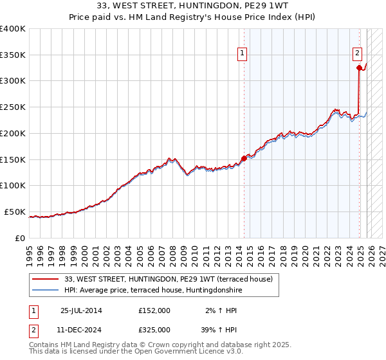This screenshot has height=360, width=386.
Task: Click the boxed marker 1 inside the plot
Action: click(243, 54)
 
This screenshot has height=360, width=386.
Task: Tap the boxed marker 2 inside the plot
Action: click(357, 54)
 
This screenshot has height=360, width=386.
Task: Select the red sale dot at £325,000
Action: click(359, 67)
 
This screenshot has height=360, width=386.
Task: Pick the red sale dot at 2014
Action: click(244, 157)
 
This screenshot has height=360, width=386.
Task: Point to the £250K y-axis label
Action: click(13, 107)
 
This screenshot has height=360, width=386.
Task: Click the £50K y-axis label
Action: click(15, 212)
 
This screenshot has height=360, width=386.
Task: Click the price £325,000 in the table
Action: click(154, 329)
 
